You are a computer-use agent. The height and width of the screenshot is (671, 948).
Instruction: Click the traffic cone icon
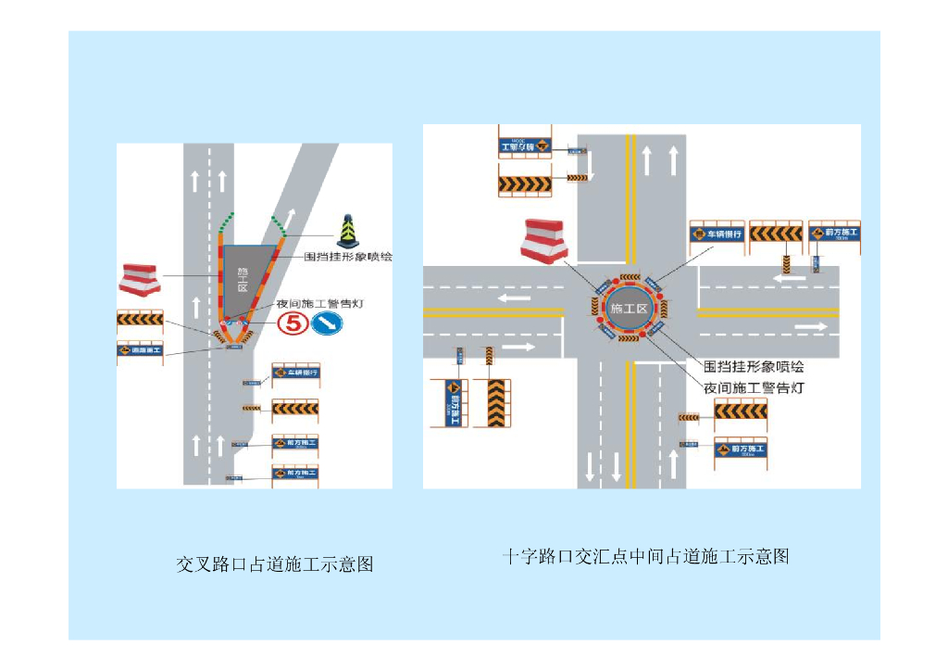[x=347, y=231]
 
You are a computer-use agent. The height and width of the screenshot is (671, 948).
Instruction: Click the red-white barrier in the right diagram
[x=544, y=239]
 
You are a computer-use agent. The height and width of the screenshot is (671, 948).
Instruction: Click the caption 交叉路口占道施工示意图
[x=275, y=563]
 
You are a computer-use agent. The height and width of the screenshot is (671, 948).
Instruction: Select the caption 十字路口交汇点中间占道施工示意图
[x=645, y=556]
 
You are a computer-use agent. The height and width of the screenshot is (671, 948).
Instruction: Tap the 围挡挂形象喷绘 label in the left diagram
[x=347, y=257]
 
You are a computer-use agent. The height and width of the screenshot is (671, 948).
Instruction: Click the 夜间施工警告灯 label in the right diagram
[x=754, y=387]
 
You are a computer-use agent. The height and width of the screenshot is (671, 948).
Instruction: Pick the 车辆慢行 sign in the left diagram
[x=295, y=373]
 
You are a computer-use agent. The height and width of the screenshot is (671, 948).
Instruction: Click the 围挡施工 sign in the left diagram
[x=140, y=351]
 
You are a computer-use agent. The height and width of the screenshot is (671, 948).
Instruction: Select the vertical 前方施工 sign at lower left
[x=453, y=403]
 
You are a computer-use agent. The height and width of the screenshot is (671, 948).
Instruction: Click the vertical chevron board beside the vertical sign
[x=496, y=403]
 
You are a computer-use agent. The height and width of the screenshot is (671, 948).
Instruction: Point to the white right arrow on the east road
[x=809, y=327]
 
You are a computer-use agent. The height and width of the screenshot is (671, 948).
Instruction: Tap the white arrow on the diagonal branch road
[x=290, y=218]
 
